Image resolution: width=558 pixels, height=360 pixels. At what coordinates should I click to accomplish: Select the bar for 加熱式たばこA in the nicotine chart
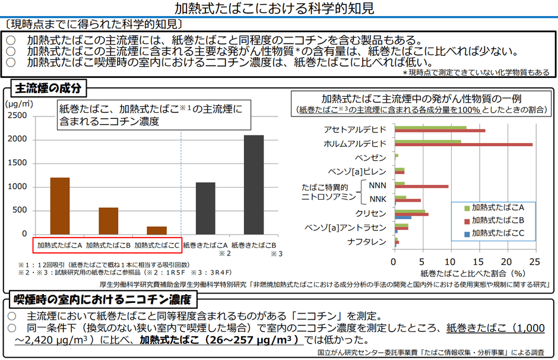point(59,206)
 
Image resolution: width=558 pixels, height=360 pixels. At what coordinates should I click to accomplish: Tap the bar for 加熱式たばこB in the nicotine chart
point(108,220)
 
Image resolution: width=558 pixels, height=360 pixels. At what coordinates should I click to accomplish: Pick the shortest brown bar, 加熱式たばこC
point(157,230)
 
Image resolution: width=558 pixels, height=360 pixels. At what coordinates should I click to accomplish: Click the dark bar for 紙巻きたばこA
point(205,208)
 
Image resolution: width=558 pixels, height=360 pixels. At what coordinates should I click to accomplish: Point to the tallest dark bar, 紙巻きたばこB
point(253,184)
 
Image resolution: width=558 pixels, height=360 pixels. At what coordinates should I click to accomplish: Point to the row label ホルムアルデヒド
point(355,144)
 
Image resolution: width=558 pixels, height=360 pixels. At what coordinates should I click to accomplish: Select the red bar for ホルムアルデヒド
point(464,144)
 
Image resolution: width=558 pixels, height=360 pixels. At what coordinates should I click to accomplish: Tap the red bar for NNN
point(421,187)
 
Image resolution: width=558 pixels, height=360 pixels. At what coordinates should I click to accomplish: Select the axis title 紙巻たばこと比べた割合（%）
point(465,273)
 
